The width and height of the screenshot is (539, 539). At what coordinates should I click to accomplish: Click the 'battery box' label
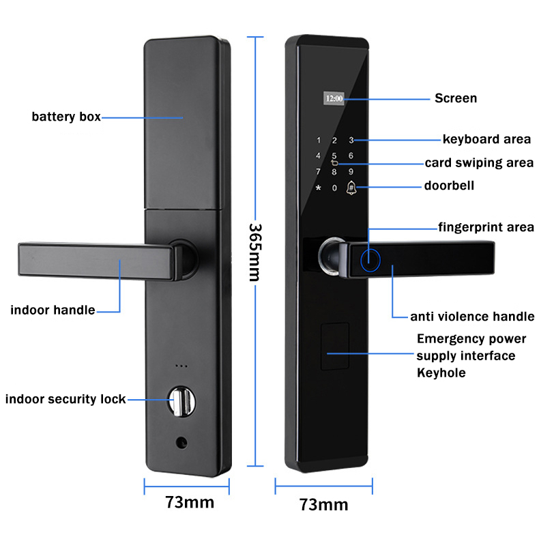coord(66,117)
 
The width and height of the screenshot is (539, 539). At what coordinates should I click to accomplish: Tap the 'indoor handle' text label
coord(53,310)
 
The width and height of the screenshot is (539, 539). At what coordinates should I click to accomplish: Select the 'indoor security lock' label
coord(65,399)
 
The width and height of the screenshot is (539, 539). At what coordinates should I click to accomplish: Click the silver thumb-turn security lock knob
coord(180,400)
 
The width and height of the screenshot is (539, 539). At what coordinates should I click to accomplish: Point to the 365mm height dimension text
coord(254,252)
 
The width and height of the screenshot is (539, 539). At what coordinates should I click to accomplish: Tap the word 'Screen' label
coord(456,98)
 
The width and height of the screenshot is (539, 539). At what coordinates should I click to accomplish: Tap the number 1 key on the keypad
coord(318,141)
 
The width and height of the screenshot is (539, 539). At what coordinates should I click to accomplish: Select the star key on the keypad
coord(318,188)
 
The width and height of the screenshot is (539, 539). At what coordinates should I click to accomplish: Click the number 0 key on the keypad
coord(334,188)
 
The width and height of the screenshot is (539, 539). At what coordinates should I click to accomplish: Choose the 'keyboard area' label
coord(486,139)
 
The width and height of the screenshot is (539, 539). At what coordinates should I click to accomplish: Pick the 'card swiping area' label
coord(479,163)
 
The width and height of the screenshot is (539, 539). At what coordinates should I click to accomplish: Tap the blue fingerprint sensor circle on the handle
coord(370,259)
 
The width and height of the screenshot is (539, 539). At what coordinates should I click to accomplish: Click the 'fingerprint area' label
coord(486,227)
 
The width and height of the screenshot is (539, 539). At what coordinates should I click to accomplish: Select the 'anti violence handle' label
coord(472,317)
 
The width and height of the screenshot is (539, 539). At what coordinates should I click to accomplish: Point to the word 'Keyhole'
coord(441,373)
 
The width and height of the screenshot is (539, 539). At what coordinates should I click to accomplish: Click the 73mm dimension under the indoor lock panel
coord(189,503)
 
